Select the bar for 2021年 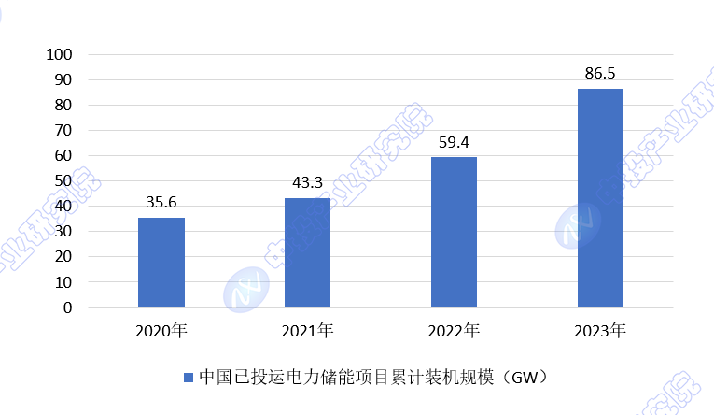pyautogui.click(x=307, y=252)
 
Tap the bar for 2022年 pyautogui.click(x=454, y=232)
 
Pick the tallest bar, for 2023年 pyautogui.click(x=600, y=197)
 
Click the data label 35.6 pyautogui.click(x=161, y=201)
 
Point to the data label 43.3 pyautogui.click(x=307, y=181)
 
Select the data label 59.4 pyautogui.click(x=454, y=141)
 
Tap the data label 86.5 pyautogui.click(x=600, y=72)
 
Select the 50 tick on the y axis pyautogui.click(x=63, y=180)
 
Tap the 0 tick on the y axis pyautogui.click(x=67, y=307)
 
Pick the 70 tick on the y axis pyautogui.click(x=63, y=130)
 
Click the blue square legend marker pyautogui.click(x=188, y=378)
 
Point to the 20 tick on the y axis pyautogui.click(x=63, y=256)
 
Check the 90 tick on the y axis pyautogui.click(x=63, y=79)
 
